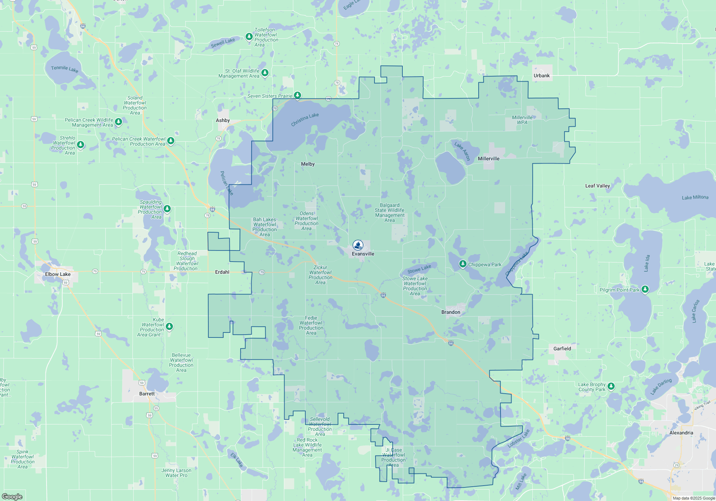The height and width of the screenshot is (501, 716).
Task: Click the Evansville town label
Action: (x=363, y=254)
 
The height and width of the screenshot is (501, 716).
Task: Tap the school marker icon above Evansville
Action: (x=358, y=245)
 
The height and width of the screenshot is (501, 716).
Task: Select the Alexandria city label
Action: (x=681, y=433)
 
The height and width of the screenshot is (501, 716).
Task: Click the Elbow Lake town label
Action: (x=58, y=274)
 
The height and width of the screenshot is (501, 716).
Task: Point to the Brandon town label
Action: (x=451, y=312)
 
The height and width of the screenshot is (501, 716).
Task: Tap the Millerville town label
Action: (x=488, y=159)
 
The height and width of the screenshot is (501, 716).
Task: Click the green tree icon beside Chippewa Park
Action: (x=463, y=264)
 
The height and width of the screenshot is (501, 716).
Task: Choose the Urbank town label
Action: (x=541, y=76)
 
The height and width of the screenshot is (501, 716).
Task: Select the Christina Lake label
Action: (x=305, y=120)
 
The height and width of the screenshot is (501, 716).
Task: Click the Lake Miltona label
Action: (x=695, y=198)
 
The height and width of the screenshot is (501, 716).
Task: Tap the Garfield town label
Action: (x=562, y=349)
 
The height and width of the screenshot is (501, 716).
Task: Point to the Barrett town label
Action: (x=147, y=394)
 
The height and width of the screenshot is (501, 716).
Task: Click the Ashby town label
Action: (x=223, y=120)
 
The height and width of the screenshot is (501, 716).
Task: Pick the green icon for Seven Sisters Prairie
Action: (x=297, y=95)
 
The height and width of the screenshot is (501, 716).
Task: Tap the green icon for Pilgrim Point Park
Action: (x=645, y=289)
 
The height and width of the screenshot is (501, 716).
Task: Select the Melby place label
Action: (x=308, y=164)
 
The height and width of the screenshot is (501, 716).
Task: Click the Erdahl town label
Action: (x=222, y=272)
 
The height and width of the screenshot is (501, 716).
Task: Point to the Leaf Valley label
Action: (x=597, y=186)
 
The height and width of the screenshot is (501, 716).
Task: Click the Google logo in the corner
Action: (x=12, y=496)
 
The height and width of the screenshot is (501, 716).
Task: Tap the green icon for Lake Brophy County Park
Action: (x=611, y=386)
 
